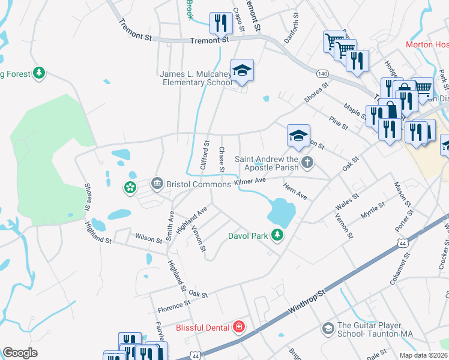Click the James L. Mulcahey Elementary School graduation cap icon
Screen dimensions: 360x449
(x=242, y=71)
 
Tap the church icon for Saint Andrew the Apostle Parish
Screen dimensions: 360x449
(x=307, y=161)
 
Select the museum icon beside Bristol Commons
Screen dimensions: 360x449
(x=157, y=182)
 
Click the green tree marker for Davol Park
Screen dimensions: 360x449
(x=277, y=235)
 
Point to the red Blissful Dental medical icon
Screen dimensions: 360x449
(x=239, y=327)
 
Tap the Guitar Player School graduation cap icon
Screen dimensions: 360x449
(x=328, y=328)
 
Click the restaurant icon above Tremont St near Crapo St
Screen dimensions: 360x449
(x=221, y=23)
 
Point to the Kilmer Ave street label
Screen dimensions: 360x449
(x=250, y=180)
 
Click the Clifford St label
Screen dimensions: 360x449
(x=204, y=154)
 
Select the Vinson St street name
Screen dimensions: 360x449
(x=199, y=238)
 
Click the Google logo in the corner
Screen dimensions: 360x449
(x=20, y=353)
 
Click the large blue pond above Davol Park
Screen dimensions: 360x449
(x=281, y=211)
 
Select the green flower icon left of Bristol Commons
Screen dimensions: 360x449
(x=130, y=188)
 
